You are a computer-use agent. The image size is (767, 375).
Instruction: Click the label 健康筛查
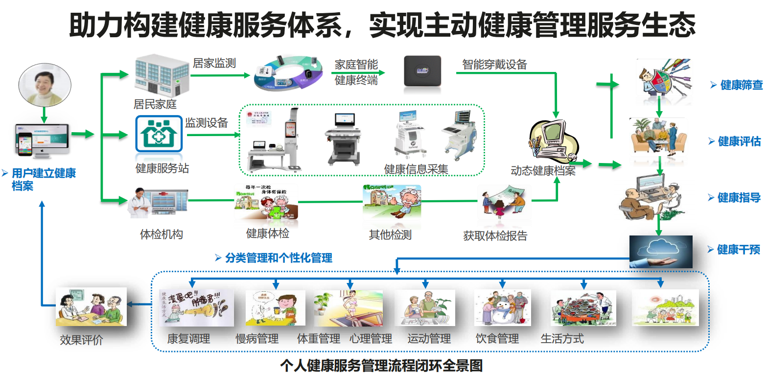click(741, 85)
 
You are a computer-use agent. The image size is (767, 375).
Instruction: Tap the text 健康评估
click(739, 141)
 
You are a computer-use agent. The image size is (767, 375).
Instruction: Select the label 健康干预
click(739, 250)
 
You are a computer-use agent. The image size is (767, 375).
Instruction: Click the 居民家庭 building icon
click(155, 74)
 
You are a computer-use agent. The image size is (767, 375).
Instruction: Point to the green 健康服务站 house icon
click(159, 133)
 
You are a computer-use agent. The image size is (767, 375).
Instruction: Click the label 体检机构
click(161, 234)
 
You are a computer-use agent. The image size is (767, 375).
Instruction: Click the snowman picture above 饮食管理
click(502, 308)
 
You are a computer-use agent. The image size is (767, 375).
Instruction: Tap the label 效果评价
click(81, 340)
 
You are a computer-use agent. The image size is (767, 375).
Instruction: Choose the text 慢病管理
click(257, 339)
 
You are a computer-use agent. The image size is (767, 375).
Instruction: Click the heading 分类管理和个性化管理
click(279, 258)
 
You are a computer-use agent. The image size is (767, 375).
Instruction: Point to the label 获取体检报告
click(495, 236)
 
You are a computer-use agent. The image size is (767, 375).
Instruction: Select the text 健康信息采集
click(416, 169)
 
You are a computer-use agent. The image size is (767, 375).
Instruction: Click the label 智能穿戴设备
click(494, 65)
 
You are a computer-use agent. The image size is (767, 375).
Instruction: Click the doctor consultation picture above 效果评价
click(91, 307)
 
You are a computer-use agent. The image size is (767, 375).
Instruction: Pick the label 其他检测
click(390, 235)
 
